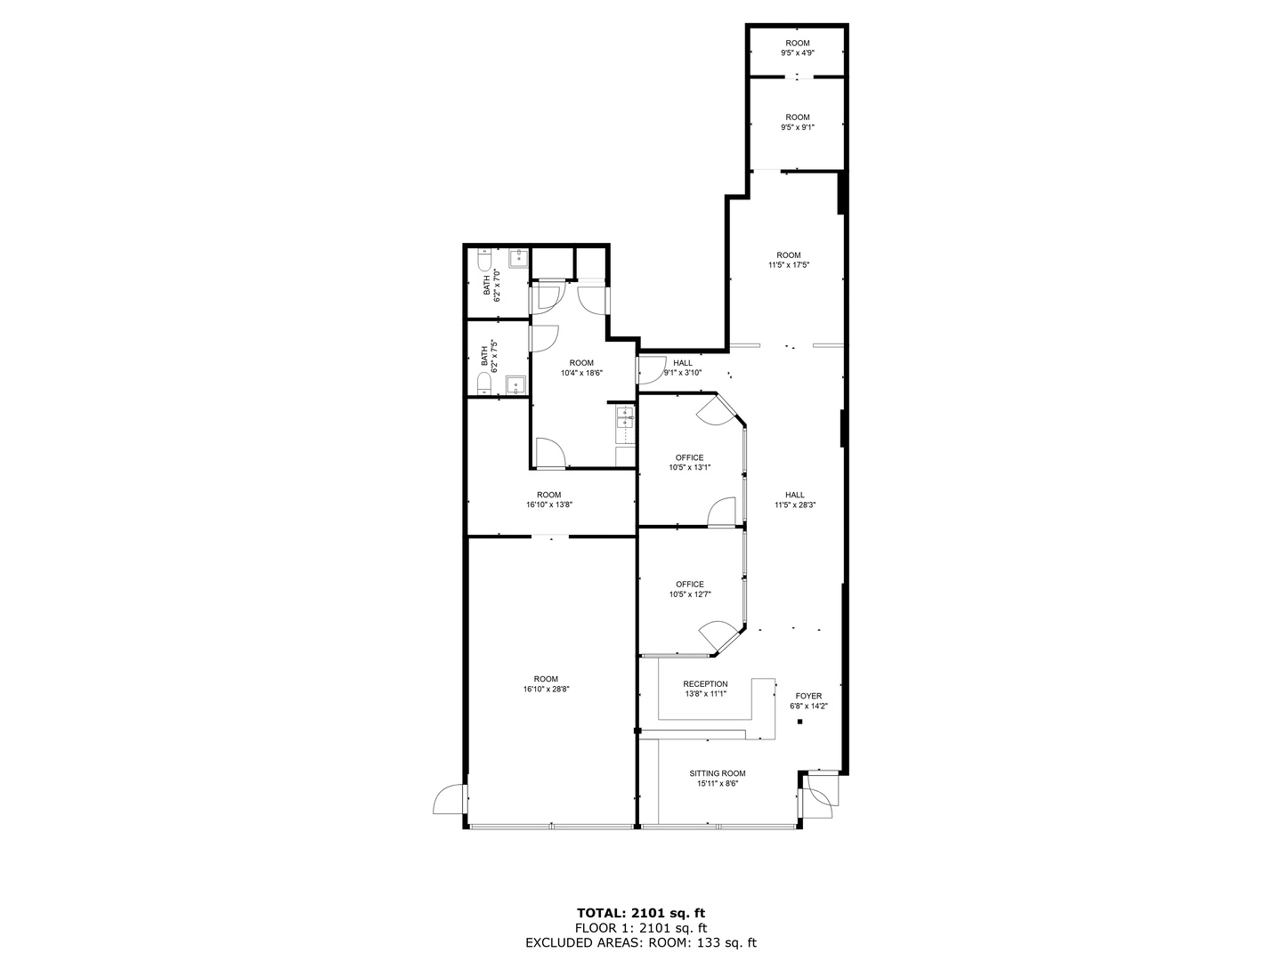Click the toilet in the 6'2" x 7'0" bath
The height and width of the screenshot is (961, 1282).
point(485,260)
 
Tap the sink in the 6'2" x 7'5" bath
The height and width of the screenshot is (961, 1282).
point(515,385)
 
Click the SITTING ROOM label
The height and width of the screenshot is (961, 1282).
point(718,773)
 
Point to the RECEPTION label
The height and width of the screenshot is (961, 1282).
point(705,684)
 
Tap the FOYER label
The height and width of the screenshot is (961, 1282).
point(808,696)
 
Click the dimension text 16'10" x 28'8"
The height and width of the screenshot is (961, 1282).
point(546,689)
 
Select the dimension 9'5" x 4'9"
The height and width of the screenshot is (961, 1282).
point(798,52)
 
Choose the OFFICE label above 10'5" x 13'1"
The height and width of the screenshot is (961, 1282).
point(690,457)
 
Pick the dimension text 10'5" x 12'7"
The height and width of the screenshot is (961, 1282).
point(690,594)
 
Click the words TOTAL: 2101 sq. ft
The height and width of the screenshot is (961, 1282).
point(641,913)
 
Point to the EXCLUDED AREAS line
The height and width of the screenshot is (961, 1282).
point(641,943)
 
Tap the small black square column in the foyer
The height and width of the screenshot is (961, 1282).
point(800,722)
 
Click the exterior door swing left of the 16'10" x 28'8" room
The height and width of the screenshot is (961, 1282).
point(449,799)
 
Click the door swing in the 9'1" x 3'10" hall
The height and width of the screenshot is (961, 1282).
point(651,370)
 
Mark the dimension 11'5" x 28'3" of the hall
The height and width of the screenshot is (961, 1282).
point(795,505)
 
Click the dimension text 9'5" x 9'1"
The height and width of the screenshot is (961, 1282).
point(798,127)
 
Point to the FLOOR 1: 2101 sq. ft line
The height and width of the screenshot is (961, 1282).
point(641,928)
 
